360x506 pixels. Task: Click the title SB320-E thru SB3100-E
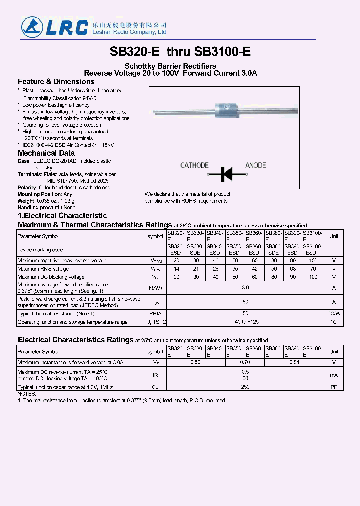pyautogui.click(x=180, y=52)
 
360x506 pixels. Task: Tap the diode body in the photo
pyautogui.click(x=224, y=108)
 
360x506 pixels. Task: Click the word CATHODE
pyautogui.click(x=194, y=165)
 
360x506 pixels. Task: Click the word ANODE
pyautogui.click(x=255, y=165)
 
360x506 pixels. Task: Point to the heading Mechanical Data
pyautogui.click(x=46, y=153)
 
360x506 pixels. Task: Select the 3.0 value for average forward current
pyautogui.click(x=245, y=288)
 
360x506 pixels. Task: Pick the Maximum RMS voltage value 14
pyautogui.click(x=176, y=269)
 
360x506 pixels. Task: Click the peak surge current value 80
pyautogui.click(x=245, y=302)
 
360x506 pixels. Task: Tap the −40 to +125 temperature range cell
pyautogui.click(x=245, y=322)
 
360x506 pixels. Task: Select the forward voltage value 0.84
pyautogui.click(x=294, y=362)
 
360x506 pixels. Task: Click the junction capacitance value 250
pyautogui.click(x=245, y=387)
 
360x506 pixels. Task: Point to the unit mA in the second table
pyautogui.click(x=334, y=375)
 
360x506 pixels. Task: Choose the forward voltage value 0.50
pyautogui.click(x=195, y=362)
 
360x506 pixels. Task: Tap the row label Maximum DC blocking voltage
pyautogui.click(x=51, y=277)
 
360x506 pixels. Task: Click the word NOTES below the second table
pyautogui.click(x=26, y=394)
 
